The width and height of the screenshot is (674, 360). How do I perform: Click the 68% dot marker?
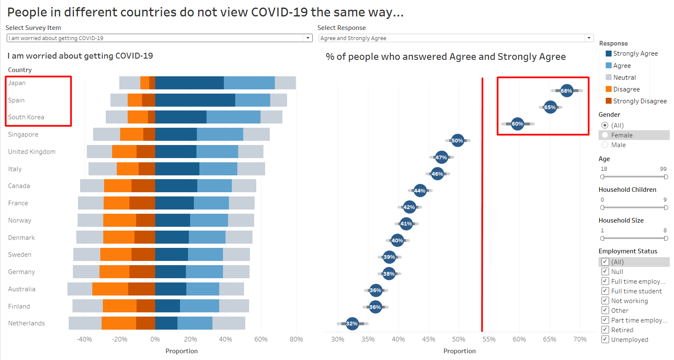click(567, 91)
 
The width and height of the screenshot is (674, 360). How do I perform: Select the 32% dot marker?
click(352, 324)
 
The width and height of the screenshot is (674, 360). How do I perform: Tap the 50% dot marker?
click(457, 140)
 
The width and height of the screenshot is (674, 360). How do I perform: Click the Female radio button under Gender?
click(605, 135)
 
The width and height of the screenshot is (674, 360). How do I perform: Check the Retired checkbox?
click(605, 330)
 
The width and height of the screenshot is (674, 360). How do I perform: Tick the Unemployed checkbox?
click(605, 339)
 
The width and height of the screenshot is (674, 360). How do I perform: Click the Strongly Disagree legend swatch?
click(608, 101)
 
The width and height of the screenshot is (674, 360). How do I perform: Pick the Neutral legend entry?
click(624, 78)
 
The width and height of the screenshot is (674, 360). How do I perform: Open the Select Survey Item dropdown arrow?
click(308, 38)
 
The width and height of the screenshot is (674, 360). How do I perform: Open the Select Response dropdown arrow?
click(589, 38)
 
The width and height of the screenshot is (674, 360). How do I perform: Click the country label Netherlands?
click(26, 323)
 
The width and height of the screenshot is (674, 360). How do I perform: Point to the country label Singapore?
click(23, 134)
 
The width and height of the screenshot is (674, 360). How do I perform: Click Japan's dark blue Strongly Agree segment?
click(189, 83)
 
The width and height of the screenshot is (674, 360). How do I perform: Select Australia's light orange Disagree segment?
click(110, 289)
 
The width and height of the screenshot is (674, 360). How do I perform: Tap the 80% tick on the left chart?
click(296, 339)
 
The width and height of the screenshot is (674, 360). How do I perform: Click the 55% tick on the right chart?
click(489, 339)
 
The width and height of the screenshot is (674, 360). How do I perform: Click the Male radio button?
click(605, 145)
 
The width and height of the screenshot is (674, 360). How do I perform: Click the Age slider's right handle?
click(666, 177)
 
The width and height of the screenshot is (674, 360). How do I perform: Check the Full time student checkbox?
click(605, 291)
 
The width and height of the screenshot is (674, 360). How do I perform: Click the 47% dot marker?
click(441, 157)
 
